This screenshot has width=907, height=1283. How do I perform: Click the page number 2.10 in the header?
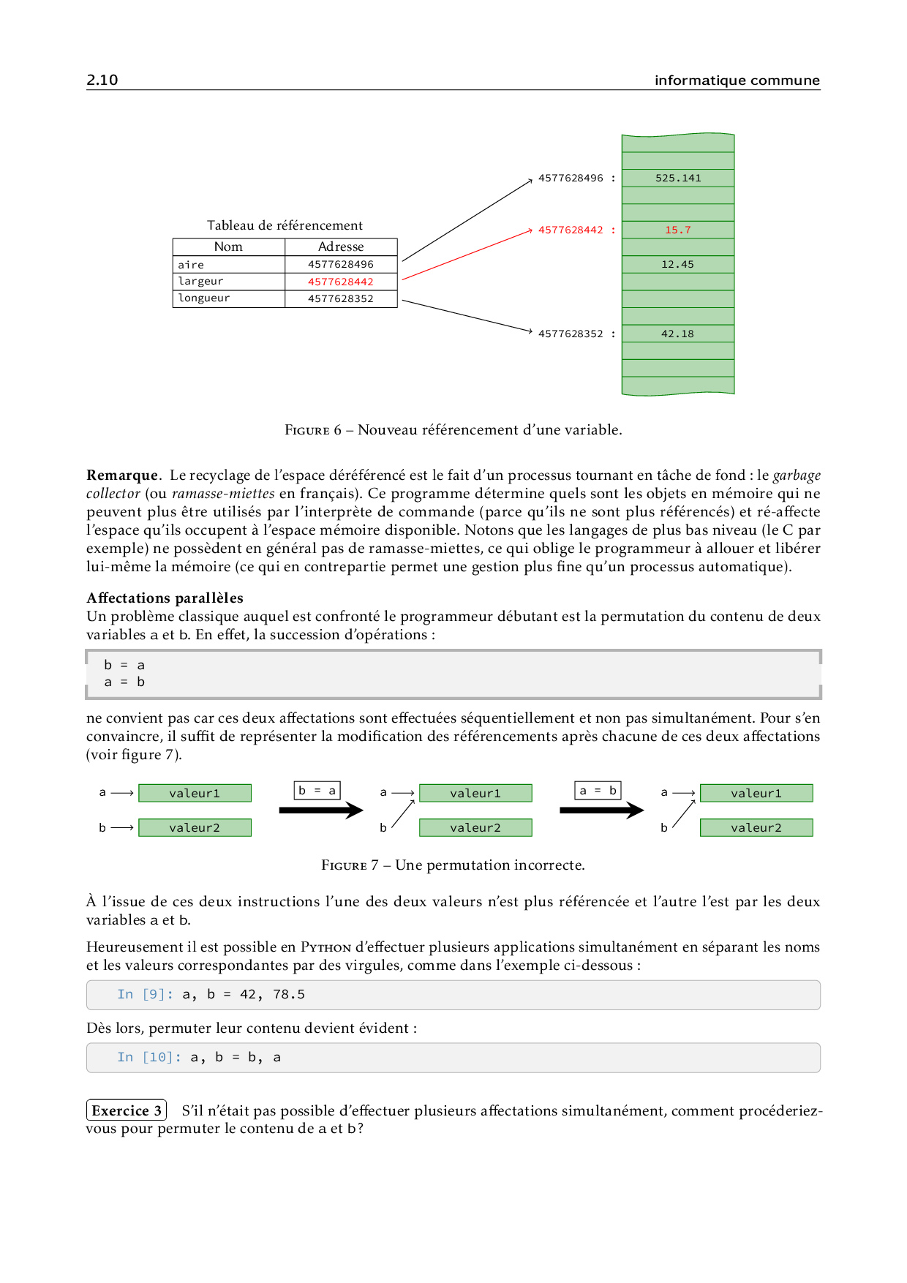coord(102,80)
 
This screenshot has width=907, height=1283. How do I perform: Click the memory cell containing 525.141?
coord(678,178)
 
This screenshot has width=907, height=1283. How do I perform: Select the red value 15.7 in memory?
coord(678,230)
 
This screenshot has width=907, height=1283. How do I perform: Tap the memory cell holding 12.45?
coord(678,264)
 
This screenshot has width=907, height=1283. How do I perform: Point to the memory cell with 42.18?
coord(678,334)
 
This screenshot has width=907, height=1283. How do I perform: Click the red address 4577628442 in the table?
coord(341,282)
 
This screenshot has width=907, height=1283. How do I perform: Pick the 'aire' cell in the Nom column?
coord(192,265)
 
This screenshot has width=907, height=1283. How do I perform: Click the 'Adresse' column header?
coord(341,247)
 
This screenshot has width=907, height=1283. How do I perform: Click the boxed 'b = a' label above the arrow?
coord(317,790)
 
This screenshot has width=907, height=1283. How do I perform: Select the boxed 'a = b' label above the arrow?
coord(598,790)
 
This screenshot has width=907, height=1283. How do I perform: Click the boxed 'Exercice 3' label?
coord(127,1110)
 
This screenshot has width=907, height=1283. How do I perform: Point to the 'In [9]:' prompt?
coord(145,994)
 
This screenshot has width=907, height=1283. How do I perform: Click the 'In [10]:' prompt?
coord(148,1057)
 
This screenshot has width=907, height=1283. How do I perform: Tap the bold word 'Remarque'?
coord(122,475)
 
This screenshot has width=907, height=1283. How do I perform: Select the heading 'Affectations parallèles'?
coord(165,598)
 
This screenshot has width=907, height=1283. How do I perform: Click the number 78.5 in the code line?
coord(289,994)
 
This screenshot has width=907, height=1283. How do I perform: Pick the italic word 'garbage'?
coord(797,475)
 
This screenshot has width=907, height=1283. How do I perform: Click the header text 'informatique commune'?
coord(737,80)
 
